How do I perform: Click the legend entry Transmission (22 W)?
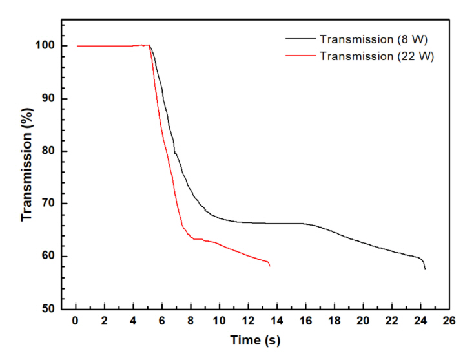[376, 56]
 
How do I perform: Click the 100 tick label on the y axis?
[45, 46]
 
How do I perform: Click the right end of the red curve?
[269, 266]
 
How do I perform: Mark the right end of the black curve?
[425, 268]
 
